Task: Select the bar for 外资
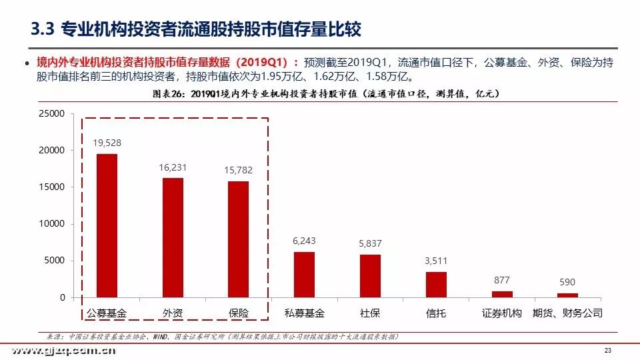(173, 237)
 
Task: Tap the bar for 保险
(238, 239)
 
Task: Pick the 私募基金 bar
(304, 274)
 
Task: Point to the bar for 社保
(370, 275)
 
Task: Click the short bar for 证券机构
(502, 294)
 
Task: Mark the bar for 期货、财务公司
(567, 295)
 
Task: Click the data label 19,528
(107, 143)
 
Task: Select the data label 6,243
(304, 241)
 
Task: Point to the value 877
(502, 280)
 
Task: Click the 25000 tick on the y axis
(51, 114)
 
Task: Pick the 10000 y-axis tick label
(51, 224)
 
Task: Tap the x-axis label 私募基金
(304, 313)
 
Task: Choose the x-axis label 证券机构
(502, 313)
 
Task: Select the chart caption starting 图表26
(320, 94)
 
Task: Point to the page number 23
(607, 351)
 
